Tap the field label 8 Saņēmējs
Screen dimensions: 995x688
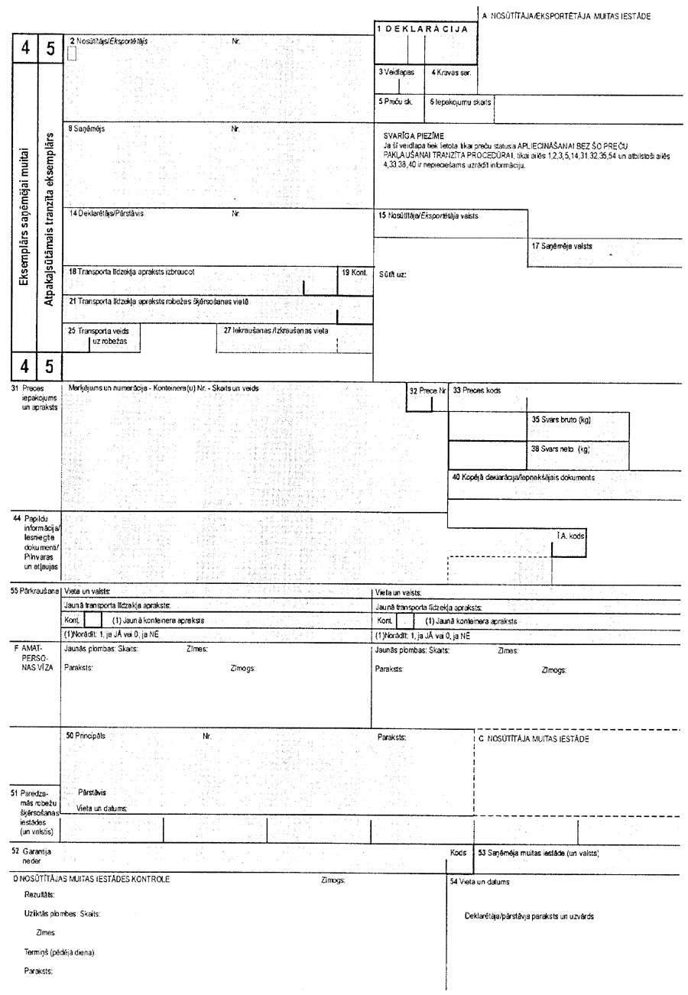(x=86, y=129)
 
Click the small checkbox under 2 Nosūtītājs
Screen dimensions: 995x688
(x=73, y=53)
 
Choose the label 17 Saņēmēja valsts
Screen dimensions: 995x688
(x=562, y=246)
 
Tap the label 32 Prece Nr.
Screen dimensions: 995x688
(x=427, y=391)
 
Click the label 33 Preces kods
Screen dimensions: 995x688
(x=476, y=391)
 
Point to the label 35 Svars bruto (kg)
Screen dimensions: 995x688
(x=561, y=420)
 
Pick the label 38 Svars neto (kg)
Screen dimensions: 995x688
(x=560, y=449)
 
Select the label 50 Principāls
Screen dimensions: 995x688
(x=85, y=735)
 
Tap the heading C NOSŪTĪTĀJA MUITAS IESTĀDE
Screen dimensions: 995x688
(x=534, y=739)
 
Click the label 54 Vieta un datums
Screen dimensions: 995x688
(x=480, y=881)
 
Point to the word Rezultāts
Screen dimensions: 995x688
(x=39, y=894)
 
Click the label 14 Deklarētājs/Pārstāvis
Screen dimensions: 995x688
(x=105, y=214)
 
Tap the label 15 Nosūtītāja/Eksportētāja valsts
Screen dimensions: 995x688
(x=427, y=216)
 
